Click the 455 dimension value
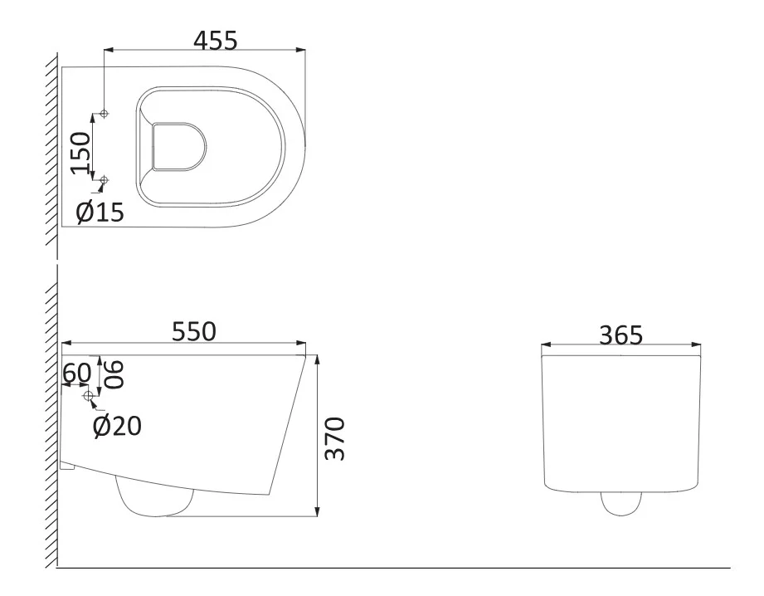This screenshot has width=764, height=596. point(216,41)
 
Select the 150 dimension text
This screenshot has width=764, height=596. point(81,153)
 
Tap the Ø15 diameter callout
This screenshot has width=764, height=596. point(100,213)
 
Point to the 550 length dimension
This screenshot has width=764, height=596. point(194,332)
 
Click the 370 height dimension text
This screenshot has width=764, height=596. point(335,438)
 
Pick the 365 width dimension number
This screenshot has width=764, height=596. point(620,335)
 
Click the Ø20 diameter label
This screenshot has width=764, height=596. point(118,426)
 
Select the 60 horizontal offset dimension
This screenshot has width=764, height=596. point(77,373)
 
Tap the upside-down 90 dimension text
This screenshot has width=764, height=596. point(114,374)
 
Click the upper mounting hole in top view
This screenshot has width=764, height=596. point(104,114)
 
